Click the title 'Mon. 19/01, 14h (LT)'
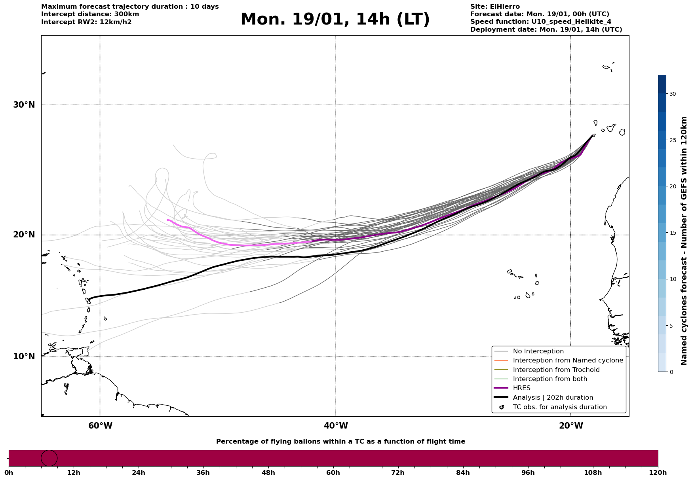335,19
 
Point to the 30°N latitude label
24,105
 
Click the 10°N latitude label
24,357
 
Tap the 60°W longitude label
100,426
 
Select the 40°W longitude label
336,426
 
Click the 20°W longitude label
571,426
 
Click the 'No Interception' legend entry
538,351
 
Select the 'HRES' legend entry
521,388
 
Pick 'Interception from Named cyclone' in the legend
568,360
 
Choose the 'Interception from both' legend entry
550,379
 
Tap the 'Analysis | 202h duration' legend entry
553,398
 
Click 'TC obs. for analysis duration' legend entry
559,407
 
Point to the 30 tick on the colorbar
672,94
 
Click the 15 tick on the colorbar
672,233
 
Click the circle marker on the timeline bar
49,458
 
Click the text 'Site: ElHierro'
495,7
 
